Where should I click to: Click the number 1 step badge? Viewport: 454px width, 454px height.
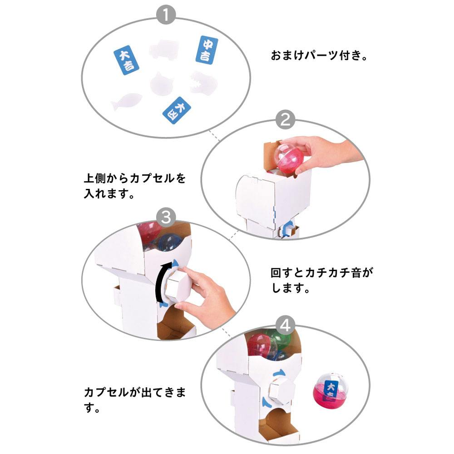click(166, 15)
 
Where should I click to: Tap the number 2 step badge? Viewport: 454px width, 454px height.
click(285, 119)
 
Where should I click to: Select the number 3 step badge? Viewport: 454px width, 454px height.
click(166, 217)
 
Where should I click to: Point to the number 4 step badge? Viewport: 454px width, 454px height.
click(285, 325)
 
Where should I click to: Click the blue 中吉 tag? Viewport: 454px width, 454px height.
click(207, 50)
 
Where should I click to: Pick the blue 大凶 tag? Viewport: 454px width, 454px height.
click(177, 110)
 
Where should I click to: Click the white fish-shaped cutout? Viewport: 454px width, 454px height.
click(126, 101)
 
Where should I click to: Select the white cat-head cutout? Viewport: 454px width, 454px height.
click(162, 84)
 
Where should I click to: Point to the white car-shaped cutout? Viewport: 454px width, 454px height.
click(164, 49)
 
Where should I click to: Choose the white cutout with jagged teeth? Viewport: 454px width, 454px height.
click(203, 83)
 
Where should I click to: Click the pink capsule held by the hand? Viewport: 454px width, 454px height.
click(290, 158)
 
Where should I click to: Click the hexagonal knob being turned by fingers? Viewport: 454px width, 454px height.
click(177, 285)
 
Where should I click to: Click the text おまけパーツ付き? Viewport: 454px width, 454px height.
click(319, 55)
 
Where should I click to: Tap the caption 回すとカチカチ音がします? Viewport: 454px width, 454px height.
click(322, 280)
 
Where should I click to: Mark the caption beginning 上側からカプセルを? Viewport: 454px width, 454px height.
click(135, 186)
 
